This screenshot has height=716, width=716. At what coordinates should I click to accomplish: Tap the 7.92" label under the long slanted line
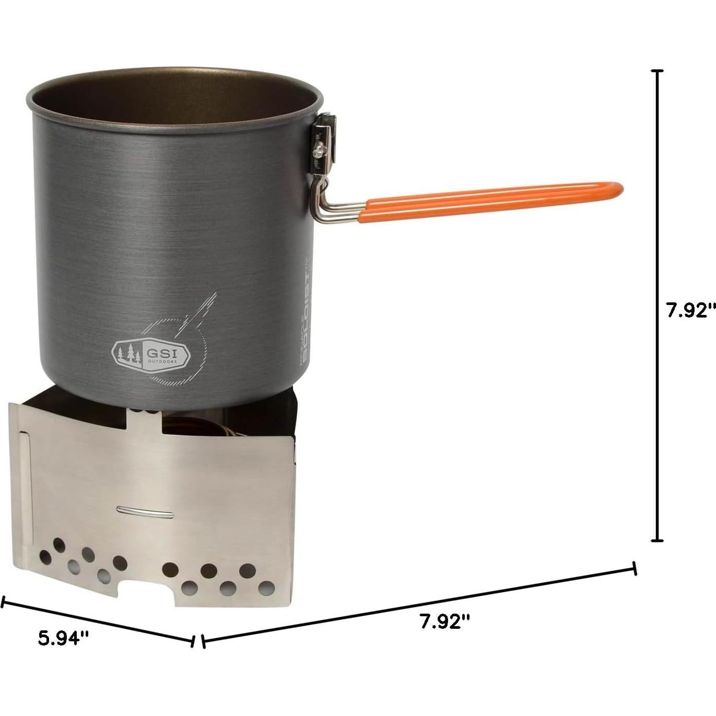(x=445, y=621)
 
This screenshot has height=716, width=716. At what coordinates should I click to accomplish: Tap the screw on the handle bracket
(x=318, y=152)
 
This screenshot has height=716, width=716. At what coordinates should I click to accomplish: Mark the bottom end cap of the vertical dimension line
(x=658, y=541)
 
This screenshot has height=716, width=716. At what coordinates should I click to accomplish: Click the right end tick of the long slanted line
(x=635, y=568)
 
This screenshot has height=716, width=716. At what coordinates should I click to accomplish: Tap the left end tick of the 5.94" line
(x=3, y=602)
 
